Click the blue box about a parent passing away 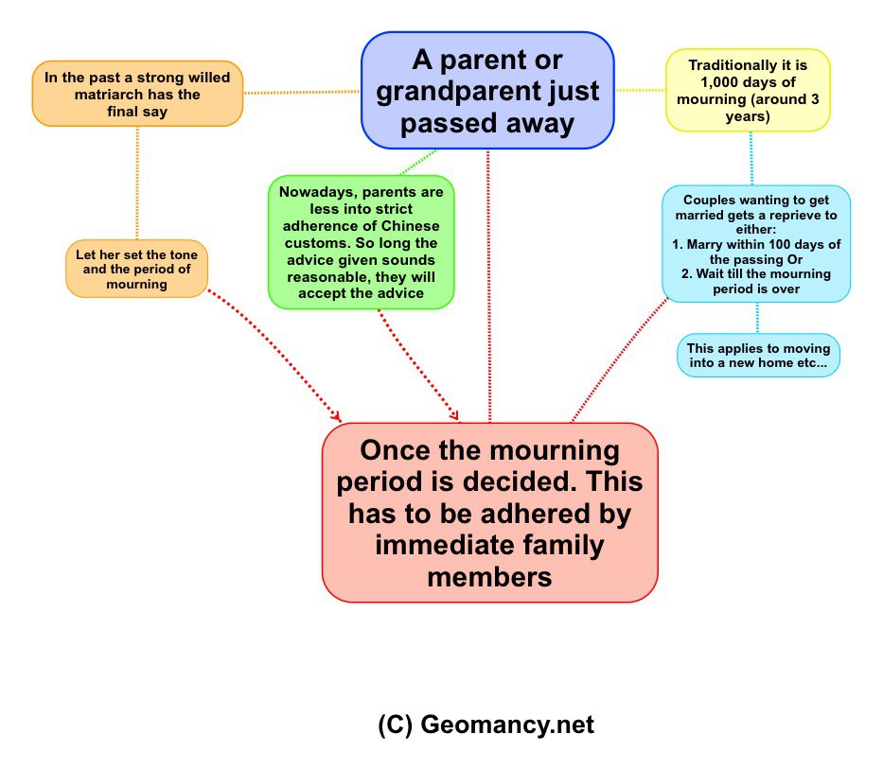click(x=487, y=91)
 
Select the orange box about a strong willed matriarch click(x=137, y=93)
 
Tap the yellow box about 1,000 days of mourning click(x=748, y=90)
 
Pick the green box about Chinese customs click(x=361, y=242)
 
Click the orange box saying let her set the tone click(x=136, y=269)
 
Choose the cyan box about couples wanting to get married click(x=755, y=244)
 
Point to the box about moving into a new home click(x=758, y=355)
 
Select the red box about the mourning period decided click(x=489, y=512)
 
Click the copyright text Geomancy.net click(x=486, y=725)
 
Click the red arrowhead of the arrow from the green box click(x=454, y=415)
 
